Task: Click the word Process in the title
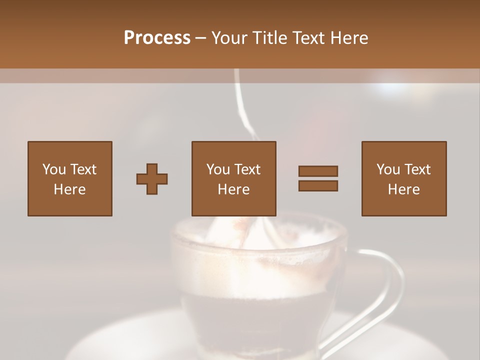click(157, 38)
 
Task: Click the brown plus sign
click(152, 179)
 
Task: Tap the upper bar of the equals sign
click(318, 171)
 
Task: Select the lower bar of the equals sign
click(318, 186)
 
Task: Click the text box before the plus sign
click(70, 178)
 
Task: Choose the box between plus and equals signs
click(233, 178)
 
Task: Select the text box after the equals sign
click(403, 178)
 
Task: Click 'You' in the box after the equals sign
click(388, 169)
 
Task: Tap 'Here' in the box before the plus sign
click(70, 189)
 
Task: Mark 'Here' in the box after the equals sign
click(403, 189)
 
